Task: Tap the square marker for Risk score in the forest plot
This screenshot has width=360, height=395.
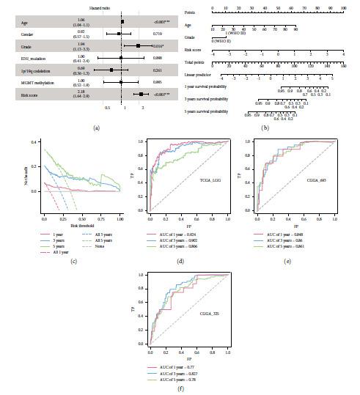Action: [141, 94]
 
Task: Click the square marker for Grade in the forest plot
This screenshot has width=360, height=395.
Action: [137, 45]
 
